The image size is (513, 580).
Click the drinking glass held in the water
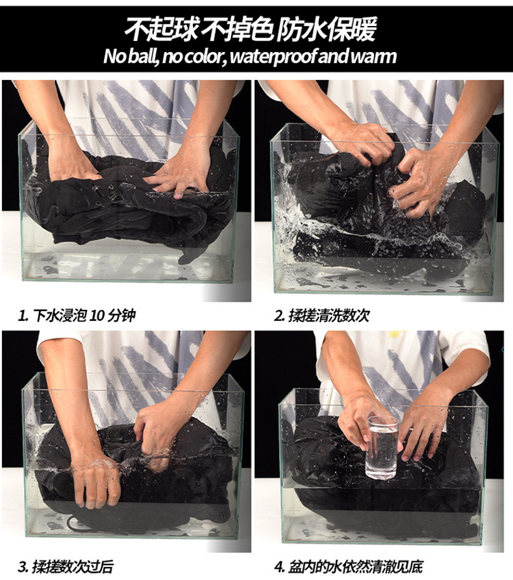382,448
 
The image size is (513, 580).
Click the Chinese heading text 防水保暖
327,30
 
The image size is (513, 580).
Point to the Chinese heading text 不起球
162,30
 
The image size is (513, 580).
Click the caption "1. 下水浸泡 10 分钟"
77,316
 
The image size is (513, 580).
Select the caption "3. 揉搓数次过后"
66,566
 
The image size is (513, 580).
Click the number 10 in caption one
97,316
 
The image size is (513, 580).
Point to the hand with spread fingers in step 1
179,174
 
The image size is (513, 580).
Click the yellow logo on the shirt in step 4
395,334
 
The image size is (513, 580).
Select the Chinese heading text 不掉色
238,30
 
